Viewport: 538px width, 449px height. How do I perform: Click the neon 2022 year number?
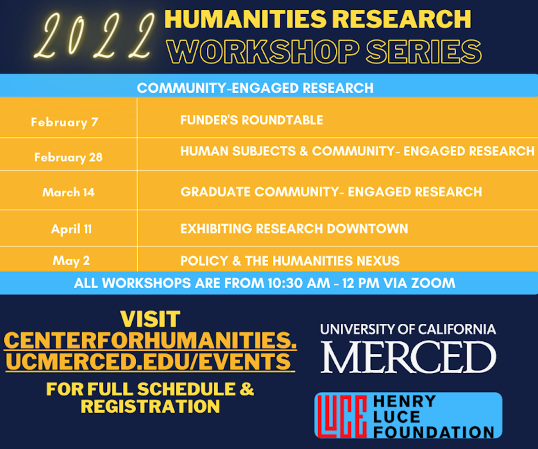95,35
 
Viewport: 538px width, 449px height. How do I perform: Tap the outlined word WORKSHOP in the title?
263,52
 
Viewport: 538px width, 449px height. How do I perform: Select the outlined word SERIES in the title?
424,52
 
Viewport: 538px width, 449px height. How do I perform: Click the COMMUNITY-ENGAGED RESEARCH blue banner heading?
255,88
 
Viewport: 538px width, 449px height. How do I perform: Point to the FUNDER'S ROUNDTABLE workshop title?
252,120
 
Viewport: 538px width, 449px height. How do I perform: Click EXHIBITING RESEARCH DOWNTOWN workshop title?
294,228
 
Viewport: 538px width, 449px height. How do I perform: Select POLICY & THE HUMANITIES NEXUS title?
290,260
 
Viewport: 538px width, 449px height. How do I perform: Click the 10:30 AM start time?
299,283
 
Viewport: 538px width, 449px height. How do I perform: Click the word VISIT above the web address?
150,319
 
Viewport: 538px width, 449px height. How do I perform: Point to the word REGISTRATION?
150,406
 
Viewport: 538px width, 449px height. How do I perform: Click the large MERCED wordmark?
409,357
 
